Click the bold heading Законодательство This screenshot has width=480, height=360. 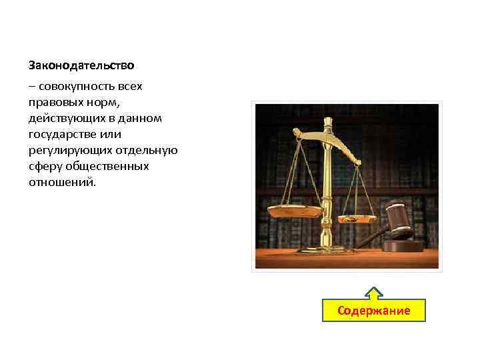pos(81,65)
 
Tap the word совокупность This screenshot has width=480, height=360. pos(75,87)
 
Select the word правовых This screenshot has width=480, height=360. pos(53,103)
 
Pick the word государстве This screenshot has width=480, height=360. pos(61,135)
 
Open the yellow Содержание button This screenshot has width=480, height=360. pos(373,311)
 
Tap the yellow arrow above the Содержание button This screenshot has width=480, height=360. pos(374,293)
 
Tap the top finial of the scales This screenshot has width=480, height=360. pos(328,121)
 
